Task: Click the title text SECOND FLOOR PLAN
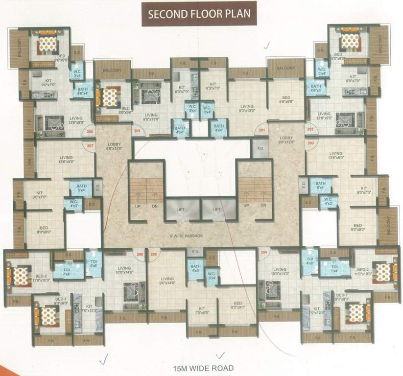[199, 14]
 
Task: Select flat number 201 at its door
[261, 130]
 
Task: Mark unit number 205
[154, 254]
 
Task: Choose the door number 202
[309, 130]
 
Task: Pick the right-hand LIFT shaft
[217, 209]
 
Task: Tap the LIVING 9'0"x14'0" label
[166, 281]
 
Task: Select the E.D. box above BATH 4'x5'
[194, 253]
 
